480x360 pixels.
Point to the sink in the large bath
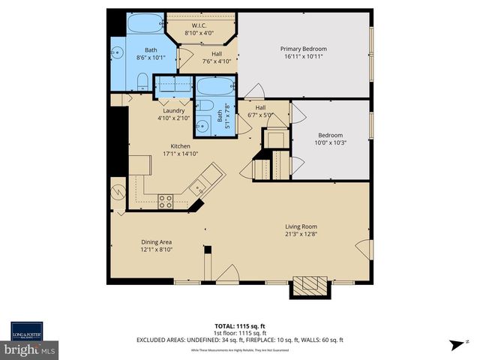[118, 53]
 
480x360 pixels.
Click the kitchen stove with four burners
[165, 200]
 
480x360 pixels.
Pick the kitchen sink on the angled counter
[200, 187]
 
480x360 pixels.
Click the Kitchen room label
[180, 146]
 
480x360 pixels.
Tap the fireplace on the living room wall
[309, 286]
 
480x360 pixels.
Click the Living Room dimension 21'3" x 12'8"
[301, 235]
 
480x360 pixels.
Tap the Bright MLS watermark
[30, 349]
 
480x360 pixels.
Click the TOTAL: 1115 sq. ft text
[239, 326]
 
